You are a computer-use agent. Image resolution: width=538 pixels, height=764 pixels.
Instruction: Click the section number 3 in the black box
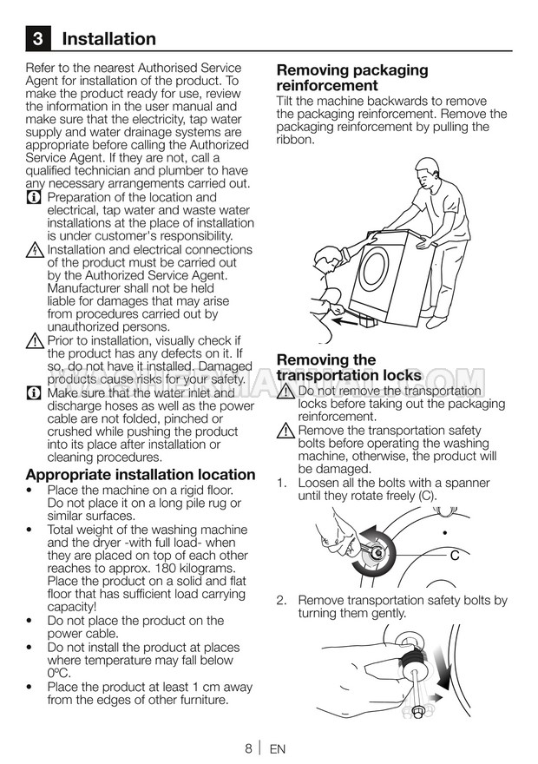coord(37,38)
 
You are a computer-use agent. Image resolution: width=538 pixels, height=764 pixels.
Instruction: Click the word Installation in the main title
coord(109,38)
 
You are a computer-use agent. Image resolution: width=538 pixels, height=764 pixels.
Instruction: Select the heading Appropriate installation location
coord(141,475)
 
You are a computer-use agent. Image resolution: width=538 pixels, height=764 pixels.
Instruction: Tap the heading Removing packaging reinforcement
coord(352,77)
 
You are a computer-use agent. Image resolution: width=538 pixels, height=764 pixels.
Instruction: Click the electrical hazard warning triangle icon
coord(35,250)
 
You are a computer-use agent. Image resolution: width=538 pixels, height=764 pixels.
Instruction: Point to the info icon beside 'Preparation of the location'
coord(34,198)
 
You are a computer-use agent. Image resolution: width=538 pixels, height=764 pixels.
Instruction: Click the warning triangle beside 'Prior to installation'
coord(35,340)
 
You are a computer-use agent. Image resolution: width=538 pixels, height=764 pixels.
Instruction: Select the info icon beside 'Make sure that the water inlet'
coord(34,393)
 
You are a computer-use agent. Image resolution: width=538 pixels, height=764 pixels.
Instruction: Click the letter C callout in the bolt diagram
coord(454,556)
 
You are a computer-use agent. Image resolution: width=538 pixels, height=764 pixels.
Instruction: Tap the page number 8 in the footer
coord(248,748)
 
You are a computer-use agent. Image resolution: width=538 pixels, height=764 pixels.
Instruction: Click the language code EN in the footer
coord(277,749)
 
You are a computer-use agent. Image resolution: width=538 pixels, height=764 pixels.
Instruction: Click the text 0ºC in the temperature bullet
coord(58,674)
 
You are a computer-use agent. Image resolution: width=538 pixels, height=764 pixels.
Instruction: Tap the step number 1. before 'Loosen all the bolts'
coord(281,483)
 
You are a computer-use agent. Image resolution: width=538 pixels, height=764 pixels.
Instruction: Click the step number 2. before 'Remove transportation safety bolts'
coord(281,600)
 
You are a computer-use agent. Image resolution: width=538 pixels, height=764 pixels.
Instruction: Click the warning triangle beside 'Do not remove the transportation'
coord(285,392)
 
